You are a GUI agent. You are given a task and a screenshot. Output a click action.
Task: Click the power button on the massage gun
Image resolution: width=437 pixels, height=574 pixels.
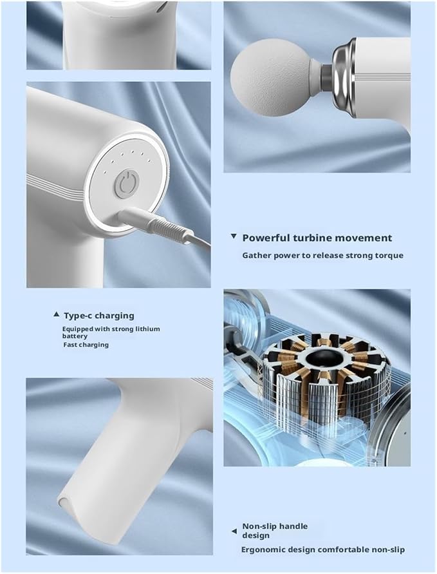tap(126, 184)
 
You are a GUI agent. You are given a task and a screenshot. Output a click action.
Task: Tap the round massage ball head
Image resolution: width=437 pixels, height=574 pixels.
tap(272, 77)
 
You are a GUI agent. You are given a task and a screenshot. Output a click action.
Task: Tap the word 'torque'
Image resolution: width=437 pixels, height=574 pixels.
tap(389, 255)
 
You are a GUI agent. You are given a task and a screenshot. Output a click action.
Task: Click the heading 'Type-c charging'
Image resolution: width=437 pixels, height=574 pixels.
tap(99, 316)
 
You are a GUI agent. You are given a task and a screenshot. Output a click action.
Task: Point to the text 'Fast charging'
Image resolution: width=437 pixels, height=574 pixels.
tap(86, 345)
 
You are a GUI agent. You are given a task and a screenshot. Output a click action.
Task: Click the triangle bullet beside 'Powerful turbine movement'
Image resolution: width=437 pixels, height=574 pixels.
tap(234, 236)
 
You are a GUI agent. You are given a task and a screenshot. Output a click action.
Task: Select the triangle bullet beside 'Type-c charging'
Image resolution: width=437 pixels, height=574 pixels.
tap(57, 314)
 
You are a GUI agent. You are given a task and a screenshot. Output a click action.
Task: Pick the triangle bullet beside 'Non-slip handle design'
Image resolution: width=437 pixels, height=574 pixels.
tap(234, 531)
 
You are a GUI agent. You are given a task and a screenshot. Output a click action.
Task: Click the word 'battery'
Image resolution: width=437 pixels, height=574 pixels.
tap(75, 336)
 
